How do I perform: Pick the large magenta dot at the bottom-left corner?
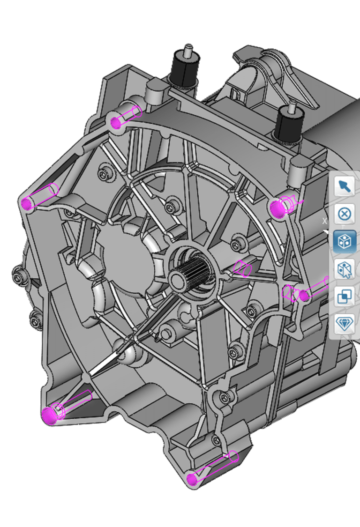pyautogui.click(x=49, y=415)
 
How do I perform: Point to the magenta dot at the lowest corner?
pyautogui.click(x=191, y=479)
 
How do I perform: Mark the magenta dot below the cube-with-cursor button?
pyautogui.click(x=304, y=296)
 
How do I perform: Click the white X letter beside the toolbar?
pyautogui.click(x=324, y=221)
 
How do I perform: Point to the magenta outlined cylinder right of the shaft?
pyautogui.click(x=244, y=268)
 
